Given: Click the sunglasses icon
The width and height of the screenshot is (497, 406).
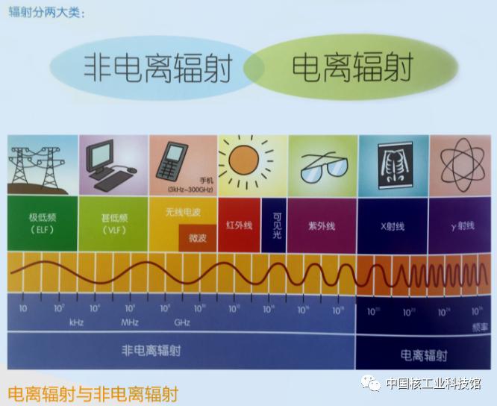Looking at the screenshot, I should [x=322, y=169].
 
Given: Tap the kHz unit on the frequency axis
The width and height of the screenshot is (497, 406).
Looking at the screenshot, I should [x=76, y=322].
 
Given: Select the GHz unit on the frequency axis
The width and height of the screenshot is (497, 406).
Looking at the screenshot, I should [x=182, y=322].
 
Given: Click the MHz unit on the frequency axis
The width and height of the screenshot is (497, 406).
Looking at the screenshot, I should [x=130, y=322].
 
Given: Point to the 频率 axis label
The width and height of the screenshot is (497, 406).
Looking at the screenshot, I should [x=480, y=327].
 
